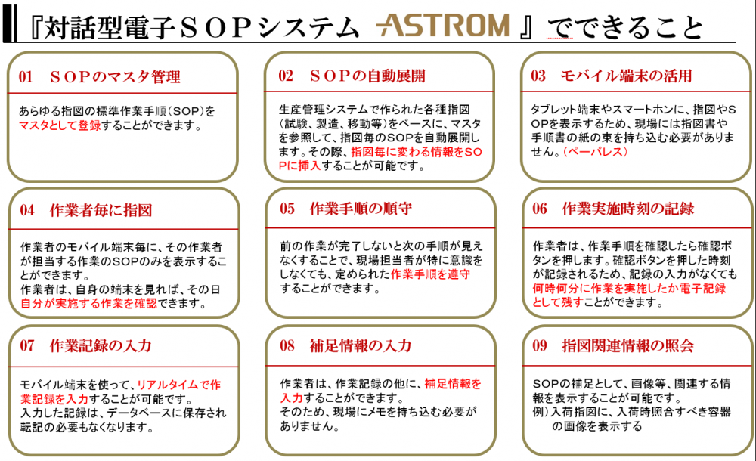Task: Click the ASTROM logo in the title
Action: coord(442,26)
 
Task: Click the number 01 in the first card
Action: coord(26,76)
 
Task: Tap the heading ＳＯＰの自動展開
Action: coord(367,76)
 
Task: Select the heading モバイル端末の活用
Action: coord(626,76)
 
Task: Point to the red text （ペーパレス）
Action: coord(596,151)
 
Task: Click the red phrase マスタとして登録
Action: coord(60,125)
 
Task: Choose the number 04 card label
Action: coord(27,210)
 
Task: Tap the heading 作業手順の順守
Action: coord(361,209)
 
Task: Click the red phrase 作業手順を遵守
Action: coord(430,274)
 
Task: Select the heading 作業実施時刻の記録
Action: coord(627,209)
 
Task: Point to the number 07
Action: coord(27,346)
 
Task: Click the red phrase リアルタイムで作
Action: coord(179,385)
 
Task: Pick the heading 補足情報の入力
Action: coord(361,346)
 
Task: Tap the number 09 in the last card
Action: coord(540,346)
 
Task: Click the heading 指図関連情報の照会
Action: coord(627,346)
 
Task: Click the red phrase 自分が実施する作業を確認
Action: coord(88,303)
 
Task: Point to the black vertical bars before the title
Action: coord(10,23)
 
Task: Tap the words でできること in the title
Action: coord(625,26)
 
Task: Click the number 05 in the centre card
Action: coord(287,209)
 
